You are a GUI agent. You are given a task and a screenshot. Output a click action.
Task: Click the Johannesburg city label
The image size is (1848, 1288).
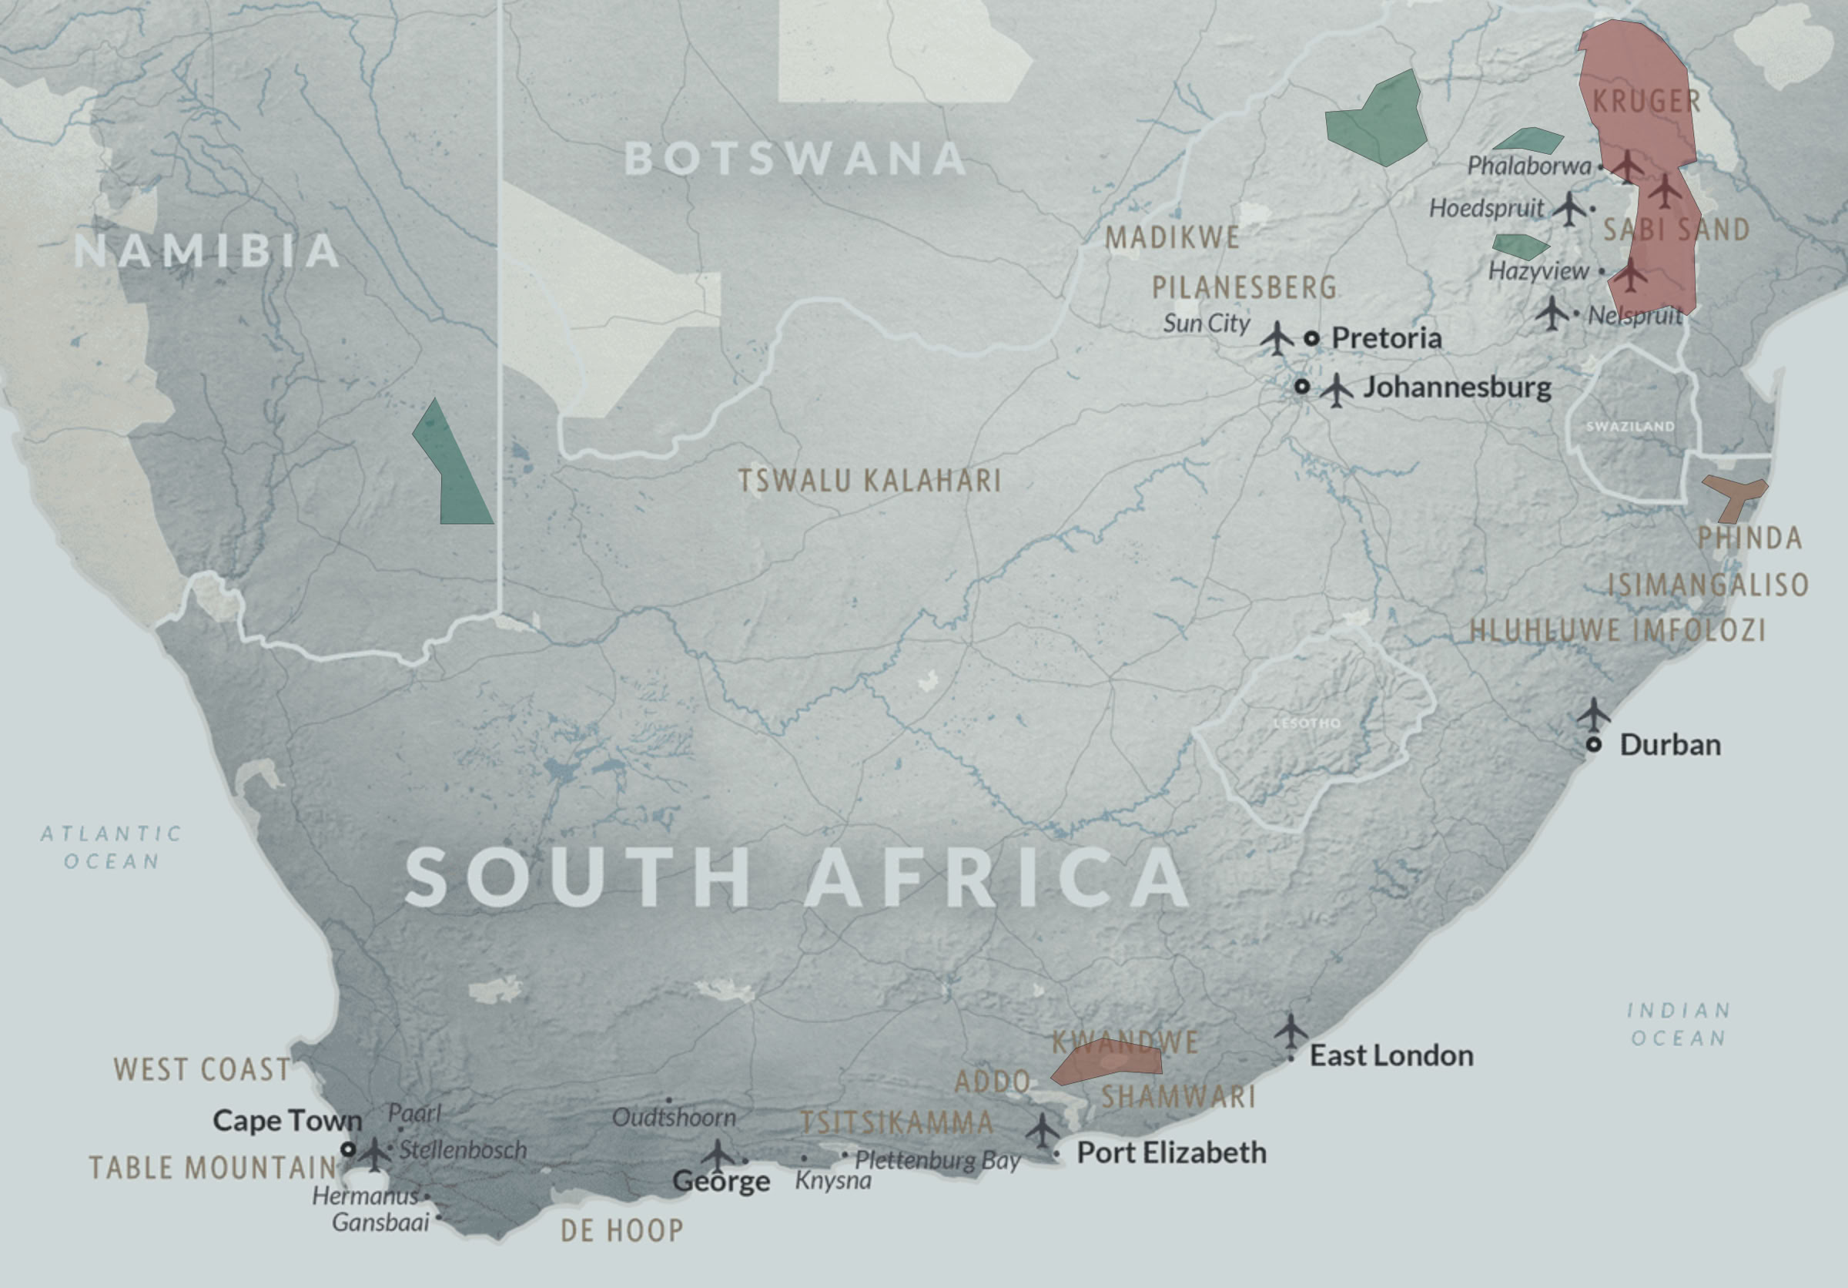pos(1457,387)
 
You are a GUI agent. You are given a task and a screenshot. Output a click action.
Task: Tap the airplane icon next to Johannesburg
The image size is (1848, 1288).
pos(1336,391)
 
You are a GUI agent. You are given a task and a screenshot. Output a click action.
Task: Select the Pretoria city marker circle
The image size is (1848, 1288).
pos(1311,338)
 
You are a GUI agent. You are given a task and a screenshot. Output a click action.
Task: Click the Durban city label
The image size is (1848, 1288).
pos(1670,745)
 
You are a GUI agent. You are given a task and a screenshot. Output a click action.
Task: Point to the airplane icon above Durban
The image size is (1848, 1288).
pos(1593,713)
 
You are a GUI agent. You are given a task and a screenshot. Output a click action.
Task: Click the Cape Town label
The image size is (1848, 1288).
pos(287,1121)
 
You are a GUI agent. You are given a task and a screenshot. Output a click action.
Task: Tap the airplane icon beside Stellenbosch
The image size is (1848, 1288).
pos(373,1152)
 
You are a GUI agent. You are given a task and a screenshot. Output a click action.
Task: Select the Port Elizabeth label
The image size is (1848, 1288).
pos(1171,1152)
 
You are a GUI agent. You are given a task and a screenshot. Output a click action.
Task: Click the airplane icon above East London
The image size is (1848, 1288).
pos(1291,1030)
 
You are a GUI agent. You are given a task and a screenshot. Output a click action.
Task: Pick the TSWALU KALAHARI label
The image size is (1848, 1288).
pos(870,481)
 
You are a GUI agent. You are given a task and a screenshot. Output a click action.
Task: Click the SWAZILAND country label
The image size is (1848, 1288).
pos(1630,426)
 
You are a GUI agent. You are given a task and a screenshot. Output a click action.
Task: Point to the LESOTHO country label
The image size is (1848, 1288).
pos(1307,723)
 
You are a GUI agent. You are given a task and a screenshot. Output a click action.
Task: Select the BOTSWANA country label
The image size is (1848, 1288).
pos(795,159)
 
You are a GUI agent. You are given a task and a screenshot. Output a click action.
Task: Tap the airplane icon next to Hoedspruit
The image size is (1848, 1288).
pos(1568,209)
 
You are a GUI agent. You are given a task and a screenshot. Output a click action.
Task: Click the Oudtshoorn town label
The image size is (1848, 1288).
pos(674,1117)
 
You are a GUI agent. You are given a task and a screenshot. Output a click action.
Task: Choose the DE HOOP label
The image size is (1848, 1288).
pos(621,1230)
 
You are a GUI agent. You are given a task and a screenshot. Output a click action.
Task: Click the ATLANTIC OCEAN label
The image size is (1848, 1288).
pos(112,847)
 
